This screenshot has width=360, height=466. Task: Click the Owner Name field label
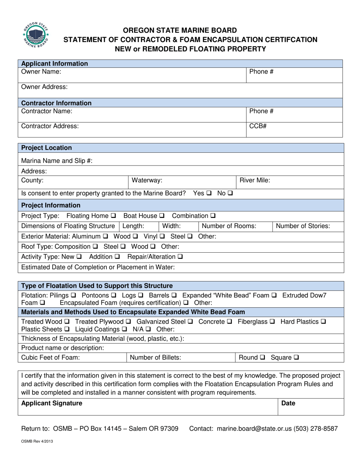(x=41, y=71)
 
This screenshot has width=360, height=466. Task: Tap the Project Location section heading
(x=46, y=148)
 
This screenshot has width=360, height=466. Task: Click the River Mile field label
(x=255, y=180)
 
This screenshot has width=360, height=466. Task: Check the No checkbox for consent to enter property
(x=230, y=193)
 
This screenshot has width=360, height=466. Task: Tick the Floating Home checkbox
(x=114, y=216)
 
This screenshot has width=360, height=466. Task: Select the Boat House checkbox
(x=162, y=216)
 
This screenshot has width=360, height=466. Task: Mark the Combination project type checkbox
(x=213, y=216)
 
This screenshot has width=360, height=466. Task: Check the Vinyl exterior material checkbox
(x=162, y=236)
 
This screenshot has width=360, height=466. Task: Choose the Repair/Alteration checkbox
(x=180, y=256)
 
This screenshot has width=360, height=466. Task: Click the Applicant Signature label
(x=52, y=403)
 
